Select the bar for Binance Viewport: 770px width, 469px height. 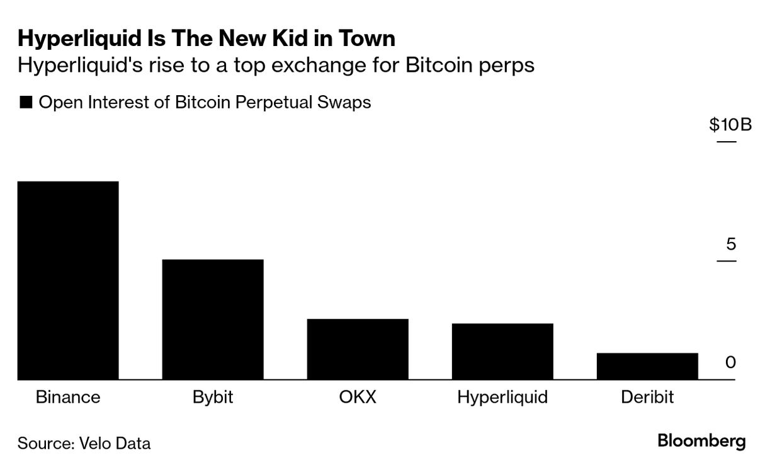(68, 281)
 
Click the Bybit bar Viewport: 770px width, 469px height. (213, 320)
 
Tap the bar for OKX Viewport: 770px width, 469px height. (358, 349)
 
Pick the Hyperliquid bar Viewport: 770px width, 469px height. (502, 352)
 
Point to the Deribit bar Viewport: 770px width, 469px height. (647, 366)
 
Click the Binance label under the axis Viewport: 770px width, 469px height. (68, 397)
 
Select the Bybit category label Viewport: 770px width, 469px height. (213, 397)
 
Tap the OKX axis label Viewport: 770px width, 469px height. (358, 397)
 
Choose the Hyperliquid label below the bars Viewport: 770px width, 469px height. (502, 397)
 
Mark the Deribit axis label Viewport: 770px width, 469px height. (647, 397)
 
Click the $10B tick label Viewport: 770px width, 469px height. (730, 125)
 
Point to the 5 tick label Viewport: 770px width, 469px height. (730, 244)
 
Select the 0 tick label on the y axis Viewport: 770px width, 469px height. (730, 362)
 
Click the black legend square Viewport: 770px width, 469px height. (26, 103)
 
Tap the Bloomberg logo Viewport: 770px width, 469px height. (701, 441)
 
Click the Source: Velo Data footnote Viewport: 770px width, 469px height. (84, 443)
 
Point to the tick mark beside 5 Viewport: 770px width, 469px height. (726, 260)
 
